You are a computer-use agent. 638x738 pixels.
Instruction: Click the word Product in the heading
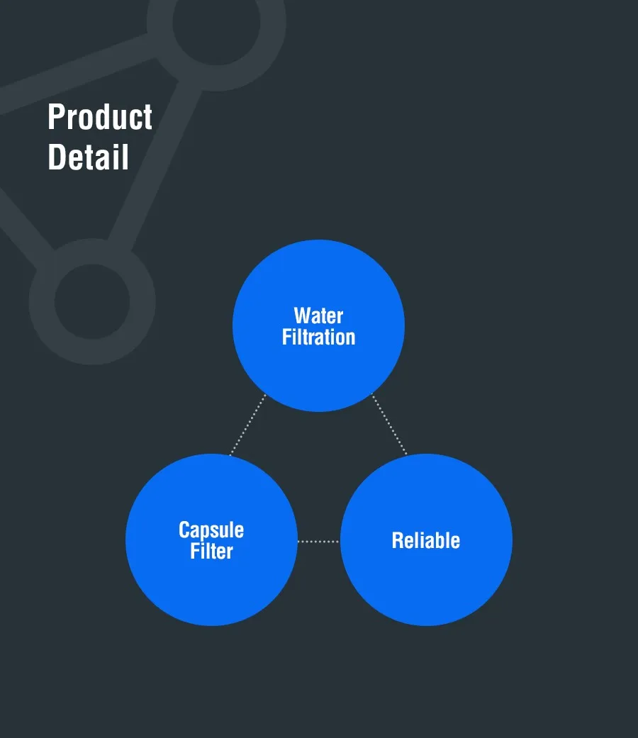tap(100, 117)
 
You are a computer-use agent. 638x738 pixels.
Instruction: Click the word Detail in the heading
tap(88, 157)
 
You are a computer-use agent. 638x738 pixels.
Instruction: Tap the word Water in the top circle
tap(318, 315)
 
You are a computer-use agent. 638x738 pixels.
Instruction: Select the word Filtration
tap(318, 337)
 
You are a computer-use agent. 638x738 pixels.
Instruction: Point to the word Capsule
tap(211, 530)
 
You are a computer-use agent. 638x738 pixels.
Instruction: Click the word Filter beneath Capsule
tap(211, 551)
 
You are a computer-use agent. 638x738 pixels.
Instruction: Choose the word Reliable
tap(425, 540)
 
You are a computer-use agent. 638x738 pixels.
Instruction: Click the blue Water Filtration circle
tap(318, 369)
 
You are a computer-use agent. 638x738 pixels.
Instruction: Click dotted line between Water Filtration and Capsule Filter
tap(247, 425)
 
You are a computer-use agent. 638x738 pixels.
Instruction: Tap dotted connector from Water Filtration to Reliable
tap(389, 424)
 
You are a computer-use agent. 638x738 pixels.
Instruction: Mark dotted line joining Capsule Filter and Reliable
tap(318, 541)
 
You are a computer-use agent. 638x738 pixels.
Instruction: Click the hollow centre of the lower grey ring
tap(92, 302)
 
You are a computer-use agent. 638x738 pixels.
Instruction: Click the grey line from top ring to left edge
tap(71, 71)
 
